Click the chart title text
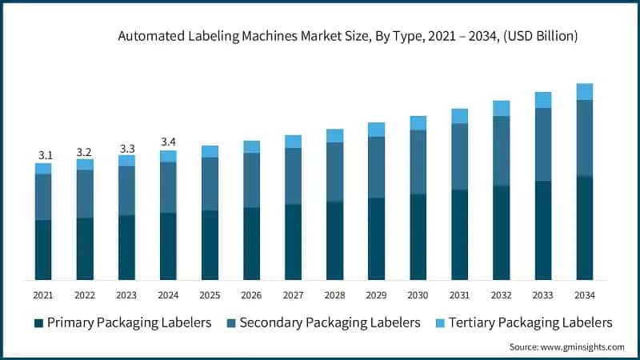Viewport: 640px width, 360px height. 348,36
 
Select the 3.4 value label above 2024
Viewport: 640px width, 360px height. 168,142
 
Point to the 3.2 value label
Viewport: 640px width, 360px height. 85,151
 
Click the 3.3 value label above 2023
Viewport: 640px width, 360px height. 126,147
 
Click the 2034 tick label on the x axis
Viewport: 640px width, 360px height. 585,294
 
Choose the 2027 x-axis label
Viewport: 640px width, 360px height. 293,294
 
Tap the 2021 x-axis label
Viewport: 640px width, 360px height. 43,294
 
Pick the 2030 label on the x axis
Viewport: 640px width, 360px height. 418,294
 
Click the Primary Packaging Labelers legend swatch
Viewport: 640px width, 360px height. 38,323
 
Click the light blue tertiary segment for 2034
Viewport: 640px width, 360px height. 585,91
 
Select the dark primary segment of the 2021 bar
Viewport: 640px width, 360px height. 43,250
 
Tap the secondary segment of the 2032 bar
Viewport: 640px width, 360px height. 501,150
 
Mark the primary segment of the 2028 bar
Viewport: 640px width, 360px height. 334,240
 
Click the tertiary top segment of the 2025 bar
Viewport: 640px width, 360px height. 210,151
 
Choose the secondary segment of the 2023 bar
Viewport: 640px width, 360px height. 126,190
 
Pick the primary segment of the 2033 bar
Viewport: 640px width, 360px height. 543,230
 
